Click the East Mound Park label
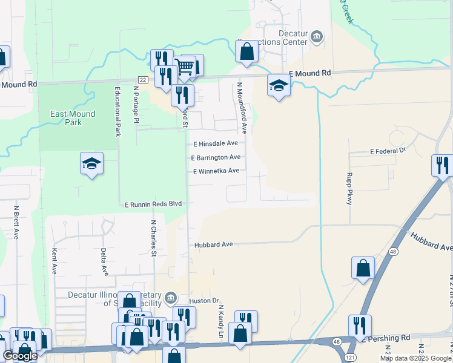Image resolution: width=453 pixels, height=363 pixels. (x=73, y=118)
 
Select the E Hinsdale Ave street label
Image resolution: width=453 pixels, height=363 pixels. (x=216, y=144)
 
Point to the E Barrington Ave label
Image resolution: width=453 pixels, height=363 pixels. (x=216, y=157)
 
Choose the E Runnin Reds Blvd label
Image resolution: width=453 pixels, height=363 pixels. (x=154, y=204)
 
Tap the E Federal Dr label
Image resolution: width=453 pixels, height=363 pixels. (x=387, y=151)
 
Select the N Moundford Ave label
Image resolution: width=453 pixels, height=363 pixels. (x=242, y=108)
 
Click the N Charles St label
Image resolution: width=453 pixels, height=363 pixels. (x=154, y=238)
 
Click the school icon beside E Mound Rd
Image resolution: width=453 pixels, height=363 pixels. (x=279, y=85)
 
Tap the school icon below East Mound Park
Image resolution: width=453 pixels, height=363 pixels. (x=91, y=163)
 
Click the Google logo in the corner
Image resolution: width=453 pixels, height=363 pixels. (x=20, y=356)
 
